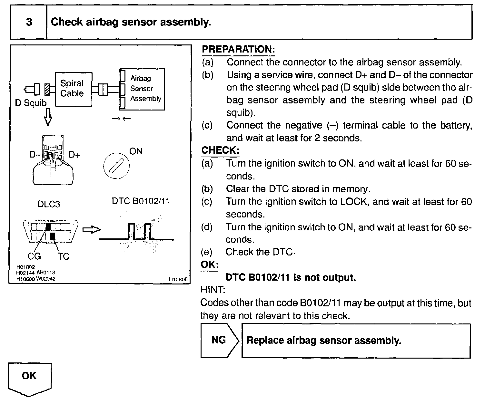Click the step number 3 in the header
click(x=29, y=22)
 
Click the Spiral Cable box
click(x=74, y=89)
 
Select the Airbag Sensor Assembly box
click(x=142, y=89)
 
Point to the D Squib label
click(x=31, y=103)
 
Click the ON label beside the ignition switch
click(x=136, y=151)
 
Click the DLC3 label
click(x=49, y=204)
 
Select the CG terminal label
click(x=35, y=256)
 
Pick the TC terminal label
click(x=64, y=256)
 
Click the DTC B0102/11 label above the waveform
click(x=141, y=201)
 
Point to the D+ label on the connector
click(x=74, y=155)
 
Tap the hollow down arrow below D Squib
click(x=48, y=118)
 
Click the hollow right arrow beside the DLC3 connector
click(x=92, y=229)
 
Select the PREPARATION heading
click(x=238, y=49)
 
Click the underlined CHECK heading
click(x=220, y=150)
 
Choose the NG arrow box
click(x=219, y=341)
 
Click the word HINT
click(x=213, y=290)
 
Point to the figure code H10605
click(x=178, y=280)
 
